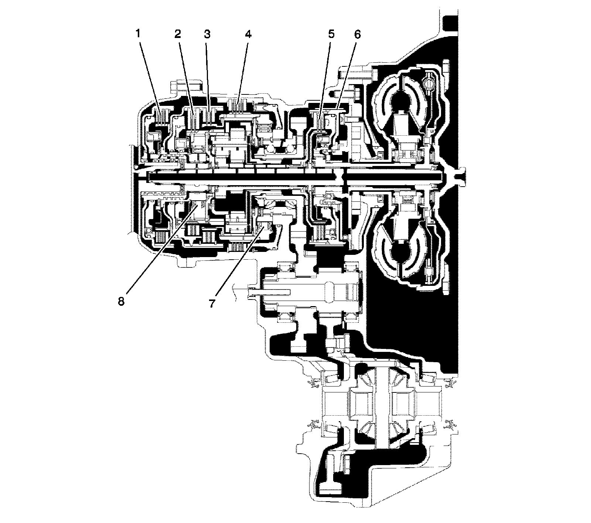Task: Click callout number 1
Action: point(137,34)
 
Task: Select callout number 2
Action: point(178,34)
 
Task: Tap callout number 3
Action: point(207,34)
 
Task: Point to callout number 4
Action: point(248,34)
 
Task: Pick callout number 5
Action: point(330,34)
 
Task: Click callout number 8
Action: point(121,301)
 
